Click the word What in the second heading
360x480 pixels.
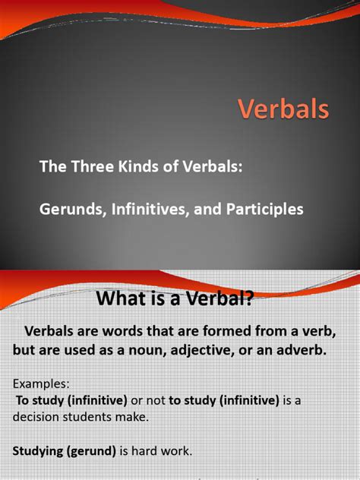coord(122,299)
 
